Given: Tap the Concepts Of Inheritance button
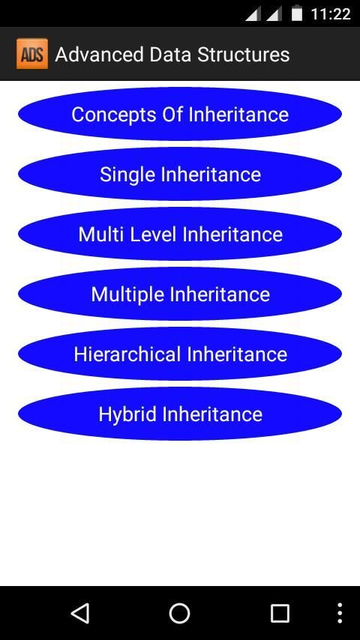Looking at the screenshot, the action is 180,114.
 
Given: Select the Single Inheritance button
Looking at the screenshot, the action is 180,174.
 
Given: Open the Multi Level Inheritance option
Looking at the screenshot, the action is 180,234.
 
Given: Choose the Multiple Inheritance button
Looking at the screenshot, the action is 180,294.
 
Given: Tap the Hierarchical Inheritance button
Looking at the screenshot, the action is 180,354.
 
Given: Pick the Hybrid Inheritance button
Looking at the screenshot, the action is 180,414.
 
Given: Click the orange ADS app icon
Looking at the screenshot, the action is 32,54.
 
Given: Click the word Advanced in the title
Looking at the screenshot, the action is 99,55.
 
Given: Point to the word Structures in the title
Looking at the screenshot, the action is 244,55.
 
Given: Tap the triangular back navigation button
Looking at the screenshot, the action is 80,613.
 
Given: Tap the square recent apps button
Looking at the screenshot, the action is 280,613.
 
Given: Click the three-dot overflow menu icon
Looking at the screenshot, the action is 340,613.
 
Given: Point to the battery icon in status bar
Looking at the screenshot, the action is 297,13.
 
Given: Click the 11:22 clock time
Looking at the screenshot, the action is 331,14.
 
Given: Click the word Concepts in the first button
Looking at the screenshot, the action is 114,115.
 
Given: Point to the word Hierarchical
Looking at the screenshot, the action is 127,354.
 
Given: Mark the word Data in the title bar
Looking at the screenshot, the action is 170,55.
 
